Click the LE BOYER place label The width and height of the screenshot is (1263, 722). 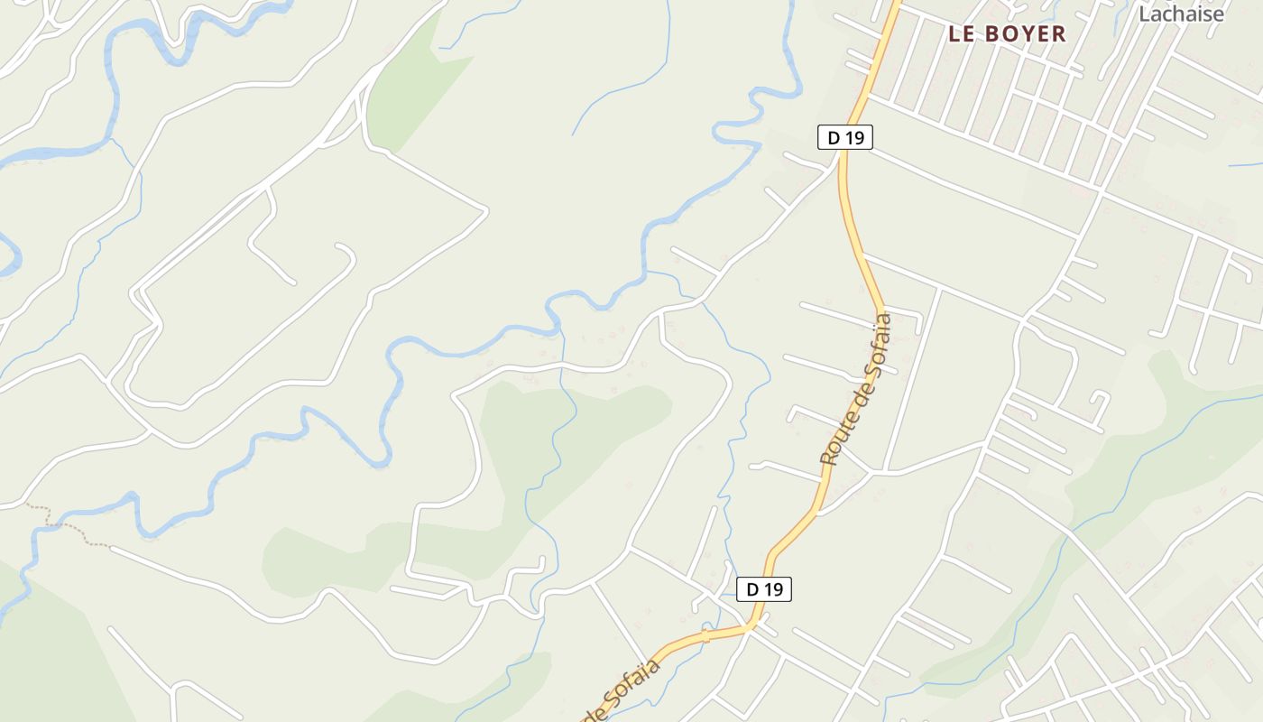point(1007,34)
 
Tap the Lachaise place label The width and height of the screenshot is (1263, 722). point(1181,14)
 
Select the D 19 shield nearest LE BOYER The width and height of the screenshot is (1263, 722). point(845,137)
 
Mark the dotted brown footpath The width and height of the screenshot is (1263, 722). point(68,528)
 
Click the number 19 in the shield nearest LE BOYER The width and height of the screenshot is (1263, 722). point(853,137)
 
